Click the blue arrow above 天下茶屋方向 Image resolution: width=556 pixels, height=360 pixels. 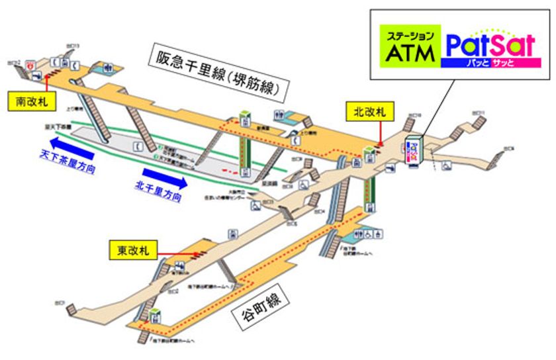(x=77, y=146)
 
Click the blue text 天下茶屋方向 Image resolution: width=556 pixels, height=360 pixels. (x=67, y=162)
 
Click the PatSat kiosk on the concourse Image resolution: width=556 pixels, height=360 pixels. (x=414, y=151)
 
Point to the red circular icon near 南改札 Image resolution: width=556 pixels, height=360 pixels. (x=30, y=65)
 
